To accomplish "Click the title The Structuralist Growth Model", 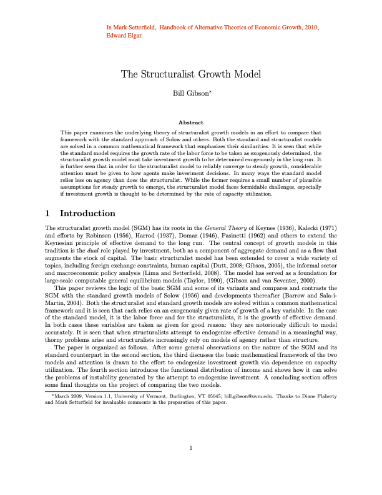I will (190, 74).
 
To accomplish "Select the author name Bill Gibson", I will (189, 93).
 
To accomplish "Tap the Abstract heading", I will (190, 122).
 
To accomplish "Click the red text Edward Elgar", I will (125, 36).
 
